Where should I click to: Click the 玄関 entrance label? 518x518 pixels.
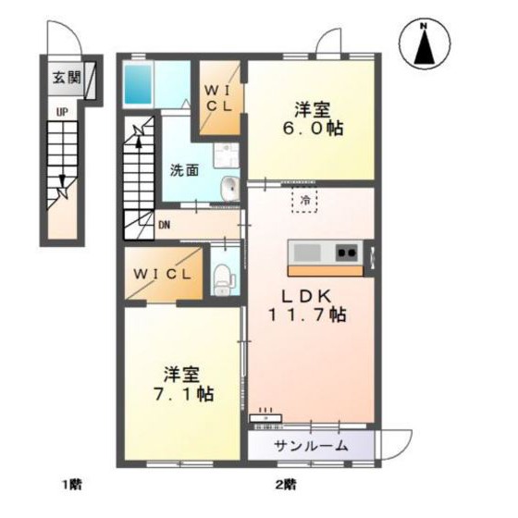(67, 78)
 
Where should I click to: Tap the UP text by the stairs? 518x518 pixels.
(62, 112)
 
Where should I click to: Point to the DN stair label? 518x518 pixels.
(165, 226)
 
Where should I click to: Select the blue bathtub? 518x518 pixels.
(138, 84)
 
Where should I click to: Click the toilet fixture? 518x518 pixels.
(223, 279)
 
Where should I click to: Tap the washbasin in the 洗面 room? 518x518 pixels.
(230, 189)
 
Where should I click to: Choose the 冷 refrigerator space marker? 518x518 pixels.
(304, 200)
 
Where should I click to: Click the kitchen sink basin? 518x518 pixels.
(307, 253)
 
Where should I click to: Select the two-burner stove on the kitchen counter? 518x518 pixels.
(347, 253)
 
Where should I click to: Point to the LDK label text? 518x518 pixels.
(305, 296)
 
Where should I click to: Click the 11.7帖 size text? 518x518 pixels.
(307, 314)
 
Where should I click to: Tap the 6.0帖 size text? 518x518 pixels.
(313, 129)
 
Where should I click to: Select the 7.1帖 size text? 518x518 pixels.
(183, 393)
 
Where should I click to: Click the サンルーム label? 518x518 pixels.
(311, 446)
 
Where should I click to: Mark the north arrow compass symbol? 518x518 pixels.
(425, 44)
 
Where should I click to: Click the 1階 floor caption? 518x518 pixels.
(72, 485)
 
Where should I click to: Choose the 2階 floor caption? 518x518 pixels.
(286, 485)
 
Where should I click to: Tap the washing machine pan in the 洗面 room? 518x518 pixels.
(226, 155)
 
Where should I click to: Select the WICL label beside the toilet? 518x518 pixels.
(162, 275)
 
